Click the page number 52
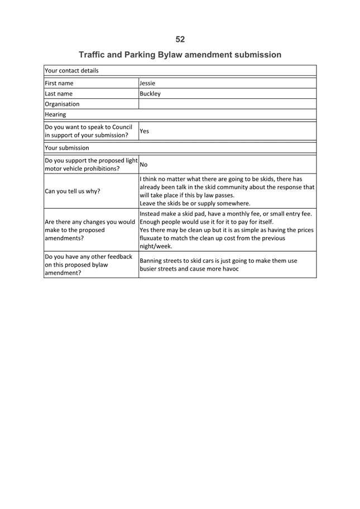pyautogui.click(x=180, y=39)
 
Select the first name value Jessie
pyautogui.click(x=147, y=83)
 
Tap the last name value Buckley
pyautogui.click(x=150, y=94)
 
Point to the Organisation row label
pyautogui.click(x=62, y=104)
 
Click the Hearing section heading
pyautogui.click(x=55, y=114)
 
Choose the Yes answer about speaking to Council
pyautogui.click(x=144, y=131)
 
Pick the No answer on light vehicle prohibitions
pyautogui.click(x=143, y=165)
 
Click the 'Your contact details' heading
pyautogui.click(x=71, y=71)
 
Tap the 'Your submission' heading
pyautogui.click(x=66, y=148)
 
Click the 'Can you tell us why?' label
pyautogui.click(x=73, y=191)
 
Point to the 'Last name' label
pyautogui.click(x=59, y=94)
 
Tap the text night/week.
pyautogui.click(x=156, y=246)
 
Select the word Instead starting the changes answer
pyautogui.click(x=152, y=213)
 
